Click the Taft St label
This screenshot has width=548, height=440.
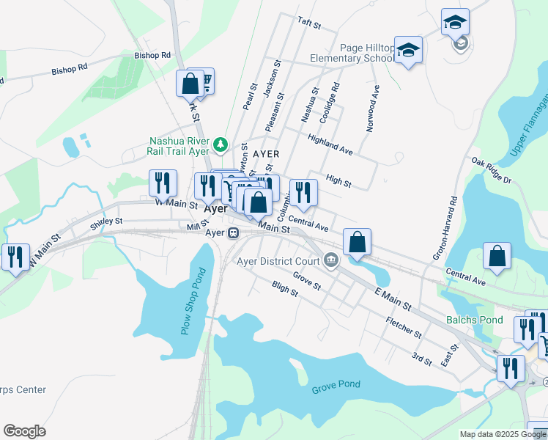(309, 23)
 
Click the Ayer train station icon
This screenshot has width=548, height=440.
(234, 233)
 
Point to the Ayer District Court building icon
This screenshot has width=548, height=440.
(331, 260)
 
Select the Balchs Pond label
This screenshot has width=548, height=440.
(475, 320)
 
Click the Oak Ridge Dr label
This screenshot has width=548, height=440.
(491, 170)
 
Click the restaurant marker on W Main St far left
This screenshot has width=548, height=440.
(15, 257)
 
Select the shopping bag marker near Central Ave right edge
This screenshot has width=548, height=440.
(497, 256)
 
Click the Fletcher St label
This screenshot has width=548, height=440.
(404, 327)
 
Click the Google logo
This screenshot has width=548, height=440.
(24, 431)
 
